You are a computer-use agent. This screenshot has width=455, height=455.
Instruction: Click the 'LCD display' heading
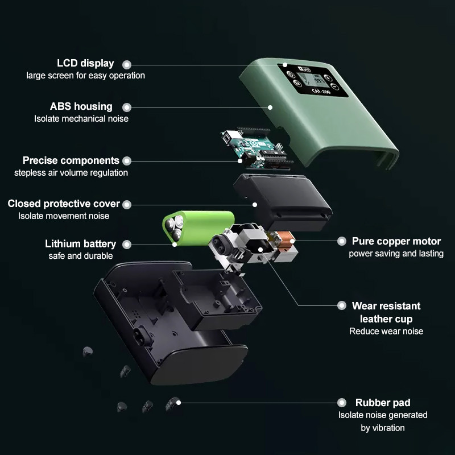pos(85,63)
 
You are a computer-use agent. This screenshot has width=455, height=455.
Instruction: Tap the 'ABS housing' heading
pos(81,106)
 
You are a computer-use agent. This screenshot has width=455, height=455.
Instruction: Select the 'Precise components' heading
pos(71,160)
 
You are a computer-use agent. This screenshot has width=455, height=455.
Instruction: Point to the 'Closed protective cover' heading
pos(64,204)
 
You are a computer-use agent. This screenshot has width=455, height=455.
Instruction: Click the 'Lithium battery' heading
pos(80,244)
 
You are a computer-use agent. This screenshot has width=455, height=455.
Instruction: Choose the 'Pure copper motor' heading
pos(396,241)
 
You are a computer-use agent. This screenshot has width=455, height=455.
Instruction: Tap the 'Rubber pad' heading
pos(383,403)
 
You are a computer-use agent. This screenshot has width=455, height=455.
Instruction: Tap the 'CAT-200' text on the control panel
pos(321,92)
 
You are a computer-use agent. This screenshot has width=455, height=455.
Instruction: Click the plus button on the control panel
pos(328,78)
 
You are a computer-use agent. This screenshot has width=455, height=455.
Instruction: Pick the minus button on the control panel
pos(334,86)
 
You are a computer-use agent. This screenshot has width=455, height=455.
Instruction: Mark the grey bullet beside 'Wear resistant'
pos(342,305)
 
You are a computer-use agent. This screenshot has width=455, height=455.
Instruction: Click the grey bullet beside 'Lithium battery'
pos(126,245)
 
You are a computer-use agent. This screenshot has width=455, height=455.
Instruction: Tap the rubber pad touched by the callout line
pos(173,403)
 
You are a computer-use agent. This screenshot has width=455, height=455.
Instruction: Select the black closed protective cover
pos(283,202)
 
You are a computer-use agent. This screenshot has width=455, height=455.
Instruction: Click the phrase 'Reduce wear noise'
pos(386,331)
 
